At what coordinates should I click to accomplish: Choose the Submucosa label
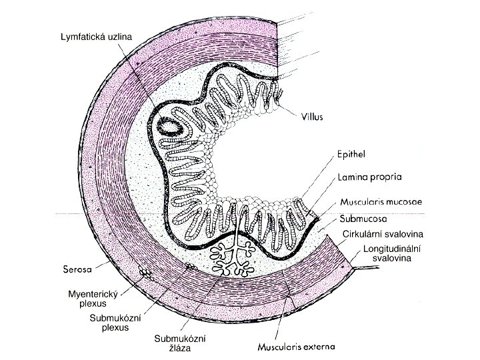[x=365, y=218]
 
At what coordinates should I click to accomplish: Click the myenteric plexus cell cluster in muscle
[x=145, y=273]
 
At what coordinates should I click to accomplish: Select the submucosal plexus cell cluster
[x=191, y=266]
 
